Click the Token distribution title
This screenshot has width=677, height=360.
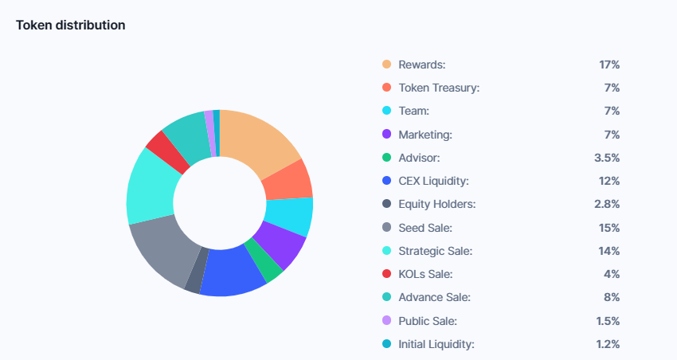pyautogui.click(x=70, y=25)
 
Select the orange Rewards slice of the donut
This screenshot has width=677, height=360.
pyautogui.click(x=260, y=143)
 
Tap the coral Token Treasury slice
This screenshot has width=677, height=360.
pyautogui.click(x=287, y=181)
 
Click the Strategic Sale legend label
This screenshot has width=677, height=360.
pyautogui.click(x=435, y=251)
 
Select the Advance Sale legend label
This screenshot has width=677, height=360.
pyautogui.click(x=434, y=297)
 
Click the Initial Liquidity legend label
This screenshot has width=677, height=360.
pyautogui.click(x=436, y=344)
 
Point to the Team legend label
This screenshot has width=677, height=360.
pyautogui.click(x=413, y=111)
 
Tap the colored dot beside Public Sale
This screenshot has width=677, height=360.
pyautogui.click(x=386, y=321)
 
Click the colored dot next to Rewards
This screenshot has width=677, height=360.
pyautogui.click(x=386, y=64)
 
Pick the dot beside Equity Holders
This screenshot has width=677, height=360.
pyautogui.click(x=386, y=204)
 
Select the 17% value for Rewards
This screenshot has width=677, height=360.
pyautogui.click(x=609, y=64)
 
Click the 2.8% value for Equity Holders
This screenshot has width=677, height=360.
pyautogui.click(x=607, y=204)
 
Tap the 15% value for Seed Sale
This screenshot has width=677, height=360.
pyautogui.click(x=609, y=228)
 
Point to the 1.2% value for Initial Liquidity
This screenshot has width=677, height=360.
pyautogui.click(x=607, y=344)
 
